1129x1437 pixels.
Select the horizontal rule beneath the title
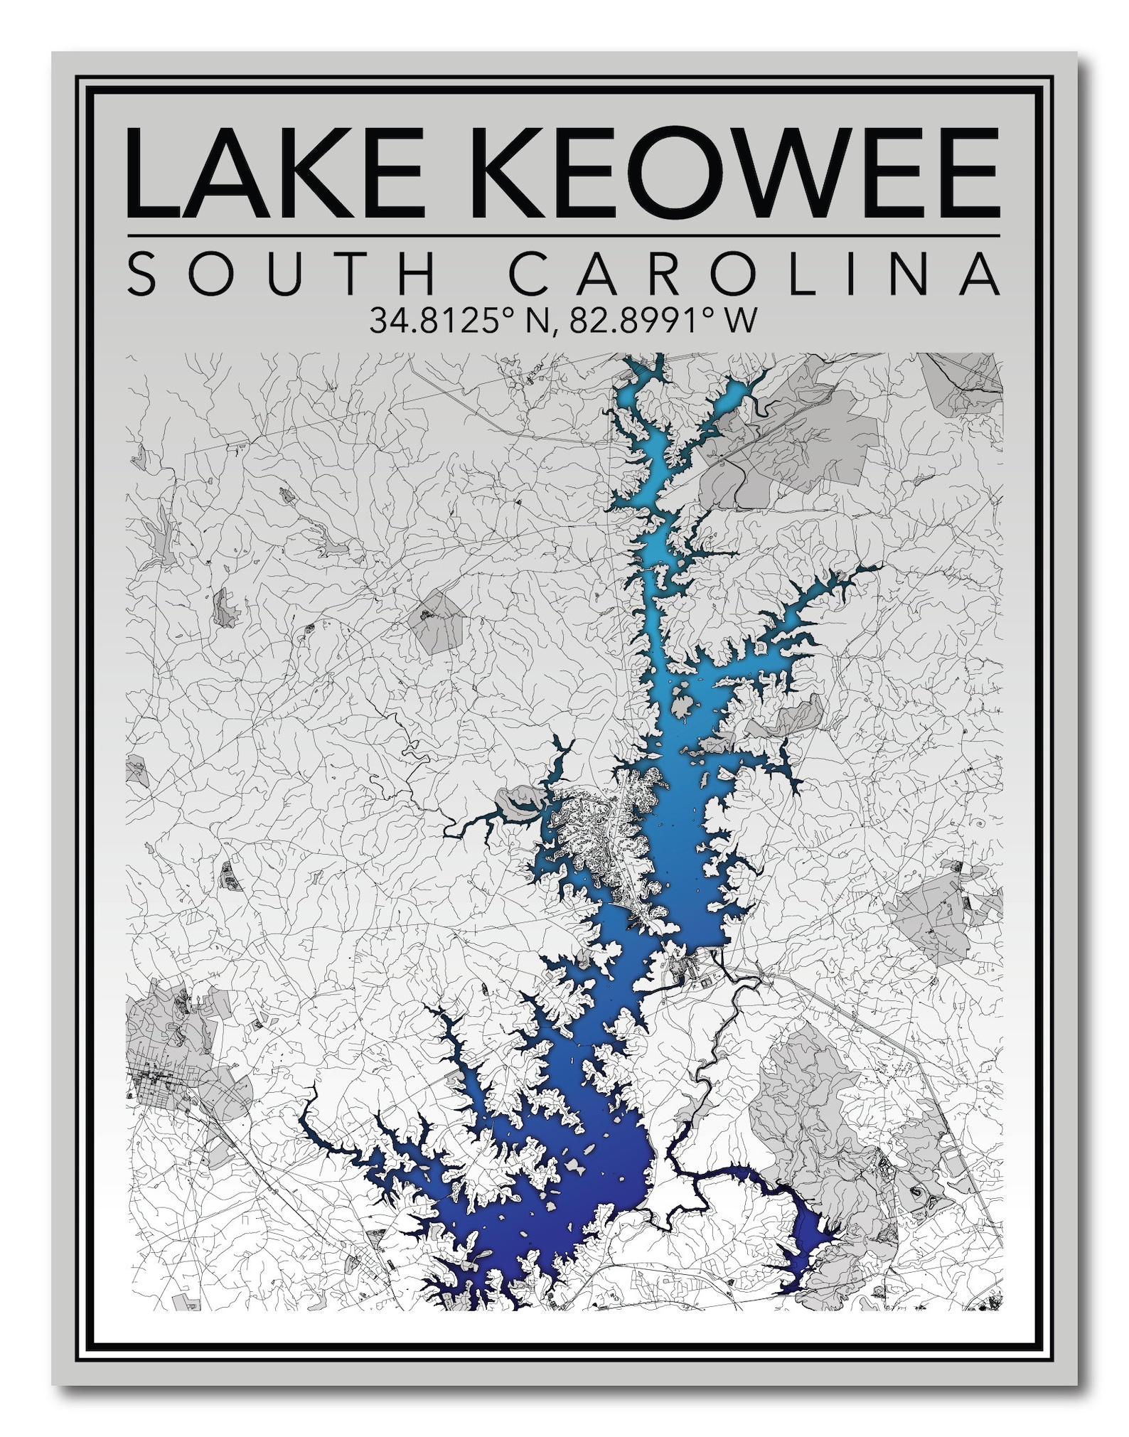point(563,235)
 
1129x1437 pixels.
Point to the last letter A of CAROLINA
point(981,273)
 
